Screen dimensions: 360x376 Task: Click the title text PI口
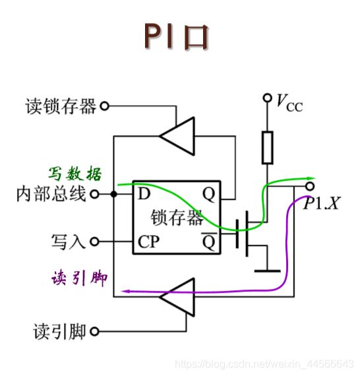(177, 36)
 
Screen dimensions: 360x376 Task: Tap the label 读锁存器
(61, 106)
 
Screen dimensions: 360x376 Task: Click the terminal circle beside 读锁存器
(104, 106)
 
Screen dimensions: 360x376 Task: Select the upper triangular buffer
(177, 136)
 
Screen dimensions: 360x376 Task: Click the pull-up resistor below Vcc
(267, 148)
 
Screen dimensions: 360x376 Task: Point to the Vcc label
(289, 103)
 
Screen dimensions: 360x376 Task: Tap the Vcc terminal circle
(267, 98)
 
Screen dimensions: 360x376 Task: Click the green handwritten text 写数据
(75, 173)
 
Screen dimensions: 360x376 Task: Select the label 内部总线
(51, 194)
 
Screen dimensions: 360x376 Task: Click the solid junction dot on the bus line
(114, 194)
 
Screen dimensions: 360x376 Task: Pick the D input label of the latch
(144, 194)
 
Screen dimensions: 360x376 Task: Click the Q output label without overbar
(208, 195)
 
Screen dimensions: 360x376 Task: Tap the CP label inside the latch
(148, 241)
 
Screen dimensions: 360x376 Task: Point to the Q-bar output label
(209, 241)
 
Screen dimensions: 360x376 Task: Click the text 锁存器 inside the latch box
(177, 217)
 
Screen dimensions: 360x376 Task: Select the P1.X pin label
(321, 204)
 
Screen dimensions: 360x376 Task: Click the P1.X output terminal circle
(310, 186)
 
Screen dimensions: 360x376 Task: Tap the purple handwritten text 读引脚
(79, 278)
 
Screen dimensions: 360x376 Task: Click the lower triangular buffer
(177, 297)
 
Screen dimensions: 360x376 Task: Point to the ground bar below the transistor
(267, 271)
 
